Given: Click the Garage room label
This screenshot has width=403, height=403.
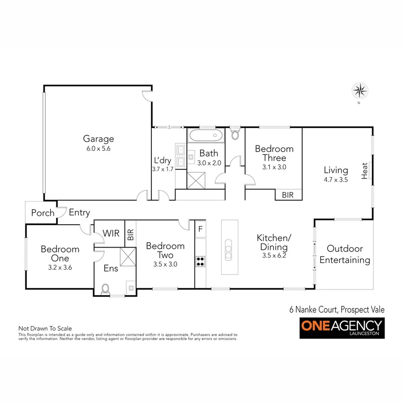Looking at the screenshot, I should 98,139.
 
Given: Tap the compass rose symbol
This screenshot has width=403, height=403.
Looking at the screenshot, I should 359,91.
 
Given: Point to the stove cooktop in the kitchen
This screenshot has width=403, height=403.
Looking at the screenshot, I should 200,261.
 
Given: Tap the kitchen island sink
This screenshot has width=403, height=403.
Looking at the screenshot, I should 228,249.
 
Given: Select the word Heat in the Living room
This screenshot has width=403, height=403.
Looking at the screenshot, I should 364,171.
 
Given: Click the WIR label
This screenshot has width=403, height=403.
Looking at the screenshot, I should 110,234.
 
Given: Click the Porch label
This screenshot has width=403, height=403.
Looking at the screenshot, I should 43,213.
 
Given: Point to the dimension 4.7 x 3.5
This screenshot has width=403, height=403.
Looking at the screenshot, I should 335,179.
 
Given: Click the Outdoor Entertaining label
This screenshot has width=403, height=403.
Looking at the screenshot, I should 344,254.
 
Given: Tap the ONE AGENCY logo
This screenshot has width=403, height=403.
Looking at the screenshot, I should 342,328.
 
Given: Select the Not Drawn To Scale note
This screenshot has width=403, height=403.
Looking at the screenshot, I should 45,328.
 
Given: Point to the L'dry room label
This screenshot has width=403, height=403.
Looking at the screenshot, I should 163,160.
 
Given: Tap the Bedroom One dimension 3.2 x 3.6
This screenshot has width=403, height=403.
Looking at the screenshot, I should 60,267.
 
